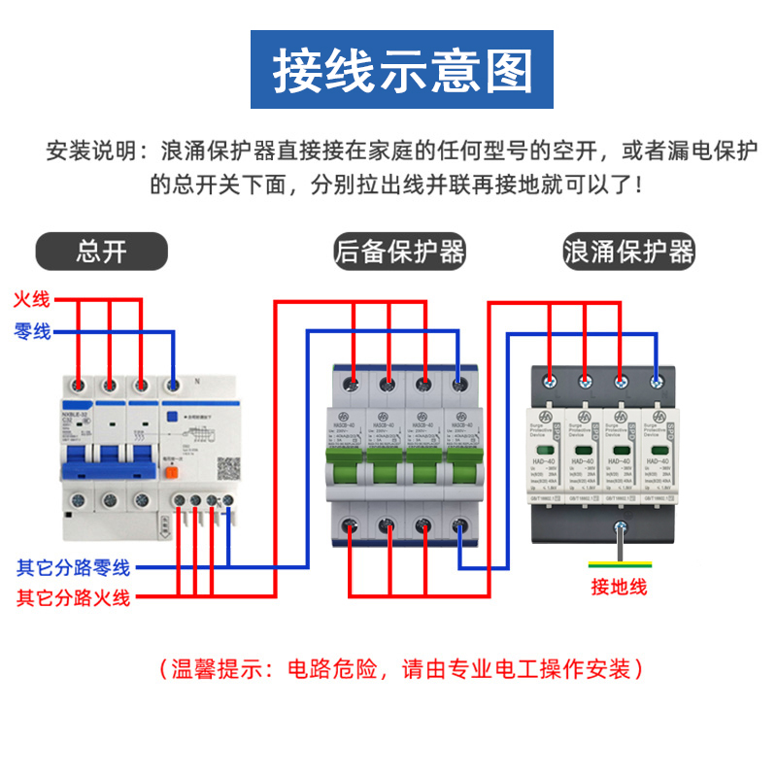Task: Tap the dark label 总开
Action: pyautogui.click(x=102, y=252)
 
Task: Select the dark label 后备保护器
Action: pyautogui.click(x=399, y=252)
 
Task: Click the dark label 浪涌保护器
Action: pyautogui.click(x=629, y=252)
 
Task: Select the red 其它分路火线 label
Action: pyautogui.click(x=73, y=596)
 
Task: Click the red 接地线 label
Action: pyautogui.click(x=619, y=587)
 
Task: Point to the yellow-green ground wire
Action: pyautogui.click(x=621, y=563)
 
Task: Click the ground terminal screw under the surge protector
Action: pyautogui.click(x=619, y=530)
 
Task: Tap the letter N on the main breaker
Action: pyautogui.click(x=196, y=381)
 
